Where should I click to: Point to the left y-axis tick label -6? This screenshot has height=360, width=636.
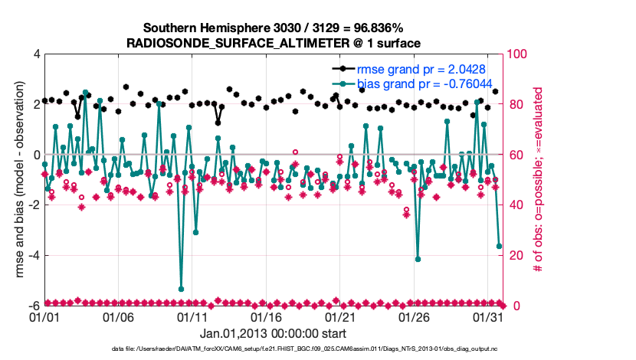pos(34,306)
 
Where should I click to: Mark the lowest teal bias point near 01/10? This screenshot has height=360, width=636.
pos(181,289)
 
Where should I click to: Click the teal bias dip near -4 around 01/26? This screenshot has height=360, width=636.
pos(418,259)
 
